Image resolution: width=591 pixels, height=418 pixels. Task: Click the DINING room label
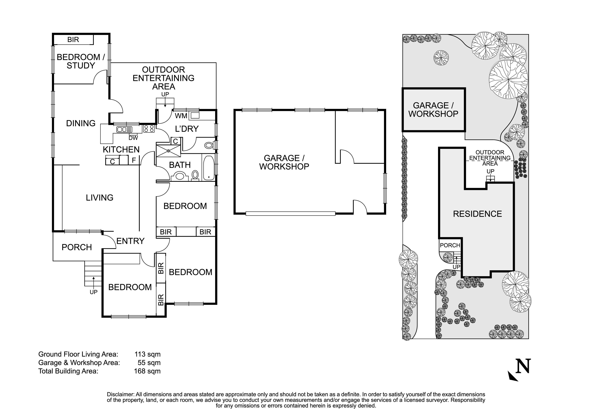point(81,123)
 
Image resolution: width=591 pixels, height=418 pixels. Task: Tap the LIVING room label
point(100,198)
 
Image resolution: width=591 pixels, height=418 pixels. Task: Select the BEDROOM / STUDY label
point(81,61)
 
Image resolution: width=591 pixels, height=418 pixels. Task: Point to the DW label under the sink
point(133,138)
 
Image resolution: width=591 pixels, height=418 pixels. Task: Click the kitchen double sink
point(125,129)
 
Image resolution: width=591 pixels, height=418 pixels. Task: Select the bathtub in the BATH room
point(209,168)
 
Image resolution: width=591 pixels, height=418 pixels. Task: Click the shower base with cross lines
point(168,151)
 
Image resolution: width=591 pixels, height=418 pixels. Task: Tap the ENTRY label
point(131,241)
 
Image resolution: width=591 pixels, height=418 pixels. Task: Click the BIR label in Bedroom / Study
point(73,40)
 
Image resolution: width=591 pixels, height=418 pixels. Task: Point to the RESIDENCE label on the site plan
point(477,214)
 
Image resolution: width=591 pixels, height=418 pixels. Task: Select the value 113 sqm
point(147,354)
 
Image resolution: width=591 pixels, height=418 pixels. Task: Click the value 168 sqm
point(147,371)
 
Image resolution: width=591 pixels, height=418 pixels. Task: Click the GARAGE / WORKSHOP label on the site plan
point(433,110)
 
